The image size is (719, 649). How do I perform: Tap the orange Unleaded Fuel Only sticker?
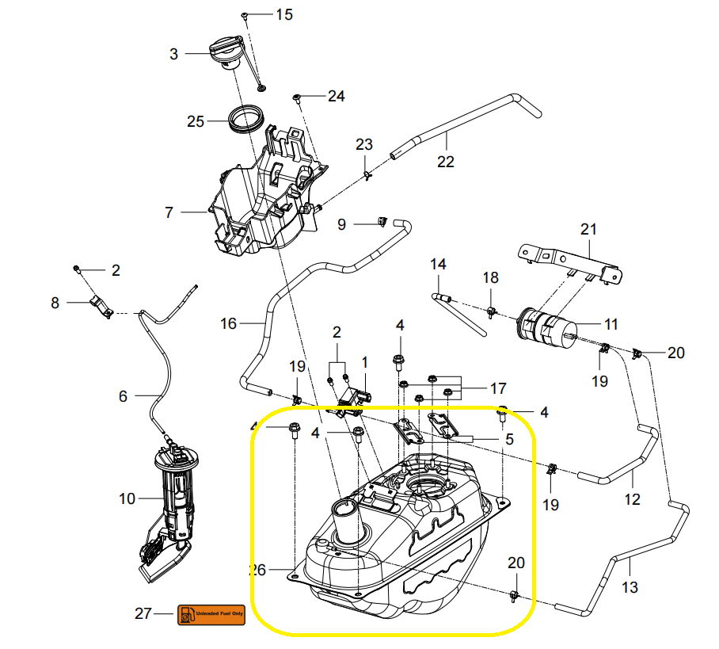(x=211, y=613)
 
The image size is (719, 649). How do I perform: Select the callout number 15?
(x=283, y=14)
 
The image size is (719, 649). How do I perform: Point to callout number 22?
(x=446, y=161)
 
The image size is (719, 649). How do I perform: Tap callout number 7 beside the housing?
(x=168, y=212)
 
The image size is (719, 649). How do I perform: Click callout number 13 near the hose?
(x=630, y=587)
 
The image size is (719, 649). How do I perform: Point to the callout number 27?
(x=143, y=613)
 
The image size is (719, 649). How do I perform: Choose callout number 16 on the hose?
(x=229, y=323)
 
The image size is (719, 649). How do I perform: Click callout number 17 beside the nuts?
(x=497, y=388)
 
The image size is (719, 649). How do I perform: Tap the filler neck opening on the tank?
(x=346, y=508)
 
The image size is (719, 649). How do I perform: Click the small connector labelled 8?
(x=101, y=304)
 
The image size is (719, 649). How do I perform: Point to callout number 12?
(x=632, y=500)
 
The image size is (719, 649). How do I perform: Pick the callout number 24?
(x=336, y=96)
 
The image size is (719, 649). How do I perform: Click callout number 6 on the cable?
(x=123, y=396)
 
